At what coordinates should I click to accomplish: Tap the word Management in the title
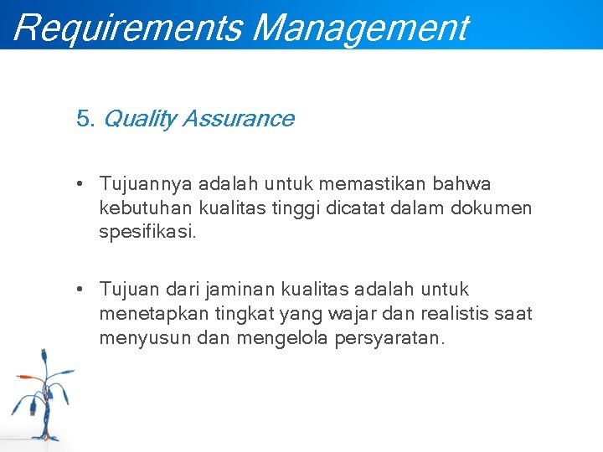pyautogui.click(x=359, y=27)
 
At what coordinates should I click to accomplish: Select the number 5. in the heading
pyautogui.click(x=85, y=119)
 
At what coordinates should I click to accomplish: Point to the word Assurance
pyautogui.click(x=237, y=119)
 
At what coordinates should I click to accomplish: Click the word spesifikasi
pyautogui.click(x=147, y=231)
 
